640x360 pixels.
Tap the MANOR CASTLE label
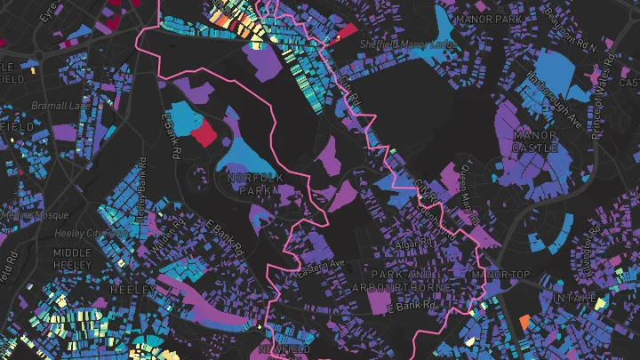point(535,141)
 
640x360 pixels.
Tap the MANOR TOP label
point(502,275)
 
